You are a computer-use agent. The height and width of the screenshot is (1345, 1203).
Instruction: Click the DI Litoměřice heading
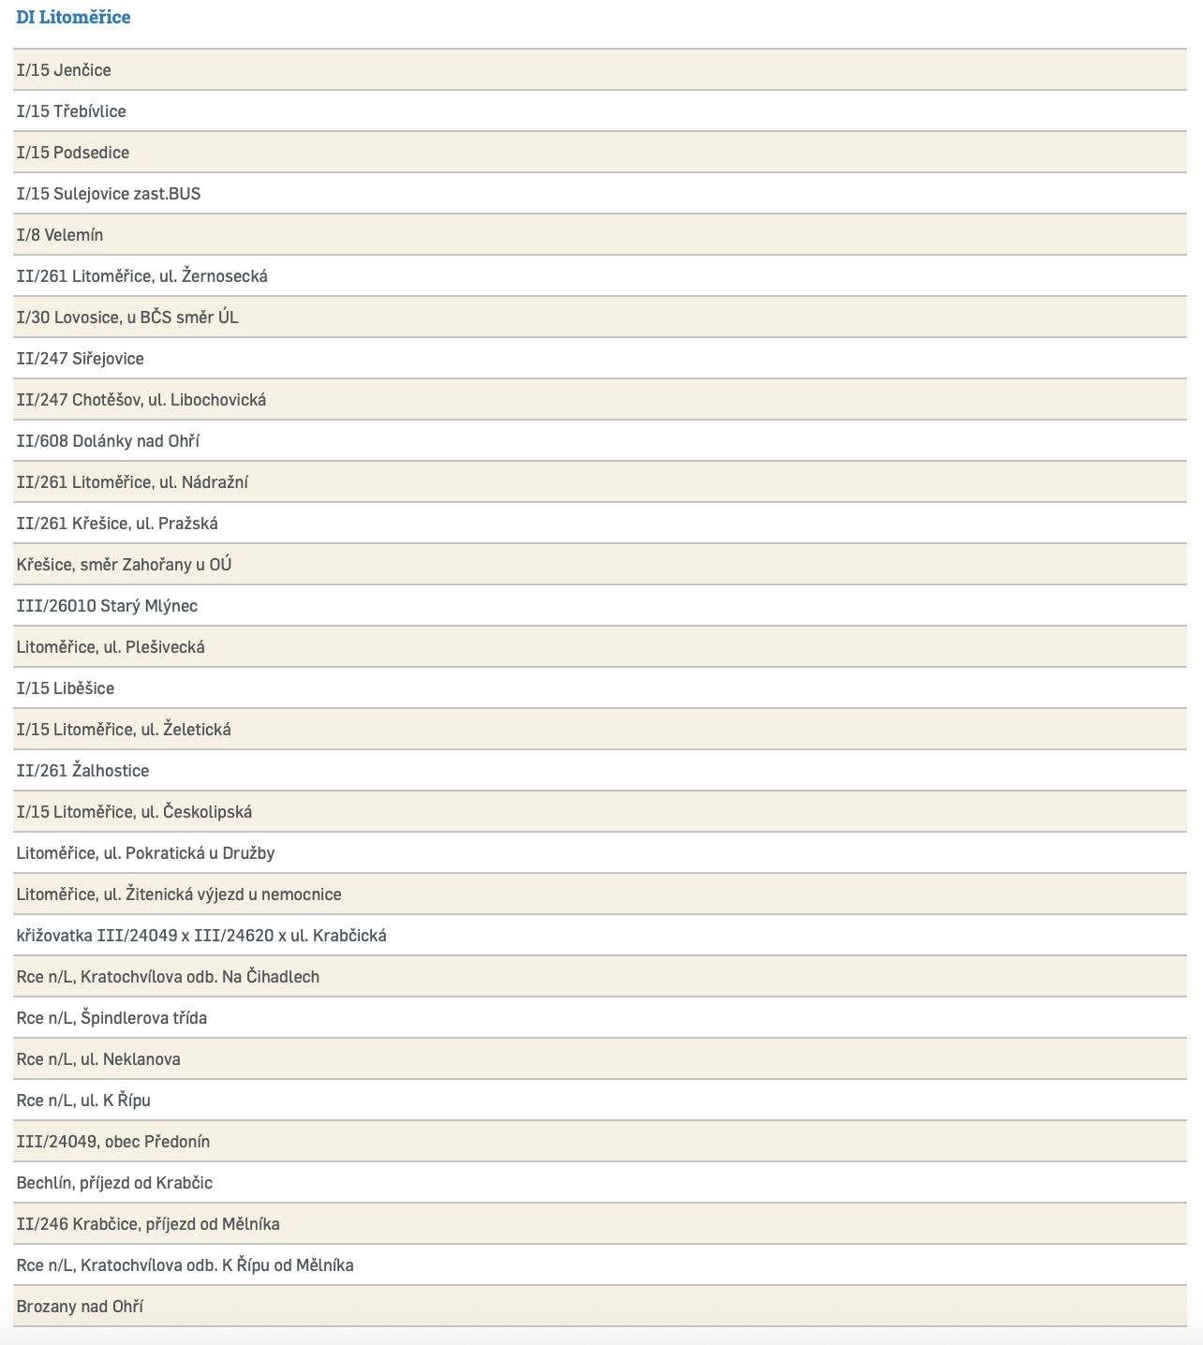click(73, 18)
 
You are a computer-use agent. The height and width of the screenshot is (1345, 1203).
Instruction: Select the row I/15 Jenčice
click(64, 70)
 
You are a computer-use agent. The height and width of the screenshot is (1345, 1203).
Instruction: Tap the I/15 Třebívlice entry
click(71, 111)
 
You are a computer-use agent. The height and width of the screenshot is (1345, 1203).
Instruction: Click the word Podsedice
click(91, 153)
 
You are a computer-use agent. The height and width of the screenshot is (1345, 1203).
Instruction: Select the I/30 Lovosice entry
click(127, 318)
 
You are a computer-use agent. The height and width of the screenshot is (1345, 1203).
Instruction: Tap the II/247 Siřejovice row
click(81, 359)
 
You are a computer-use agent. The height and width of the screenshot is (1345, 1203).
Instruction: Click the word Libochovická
click(218, 400)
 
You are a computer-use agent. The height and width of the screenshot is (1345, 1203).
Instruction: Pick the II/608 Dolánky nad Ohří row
click(108, 441)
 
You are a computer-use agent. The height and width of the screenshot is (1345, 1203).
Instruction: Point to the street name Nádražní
click(215, 482)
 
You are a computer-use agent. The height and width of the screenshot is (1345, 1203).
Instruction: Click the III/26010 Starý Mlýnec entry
click(107, 606)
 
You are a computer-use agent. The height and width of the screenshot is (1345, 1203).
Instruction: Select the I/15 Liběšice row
click(66, 688)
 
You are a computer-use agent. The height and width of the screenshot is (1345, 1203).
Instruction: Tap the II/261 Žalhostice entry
click(82, 771)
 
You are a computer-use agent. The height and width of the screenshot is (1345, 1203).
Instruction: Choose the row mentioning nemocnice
click(179, 894)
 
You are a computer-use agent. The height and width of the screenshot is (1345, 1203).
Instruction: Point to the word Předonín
click(177, 1142)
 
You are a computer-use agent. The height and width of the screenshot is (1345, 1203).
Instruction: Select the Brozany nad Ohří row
click(80, 1307)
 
